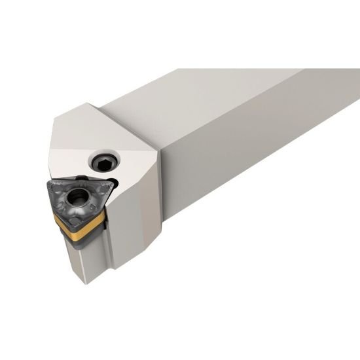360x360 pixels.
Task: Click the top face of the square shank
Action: tap(216, 92)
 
